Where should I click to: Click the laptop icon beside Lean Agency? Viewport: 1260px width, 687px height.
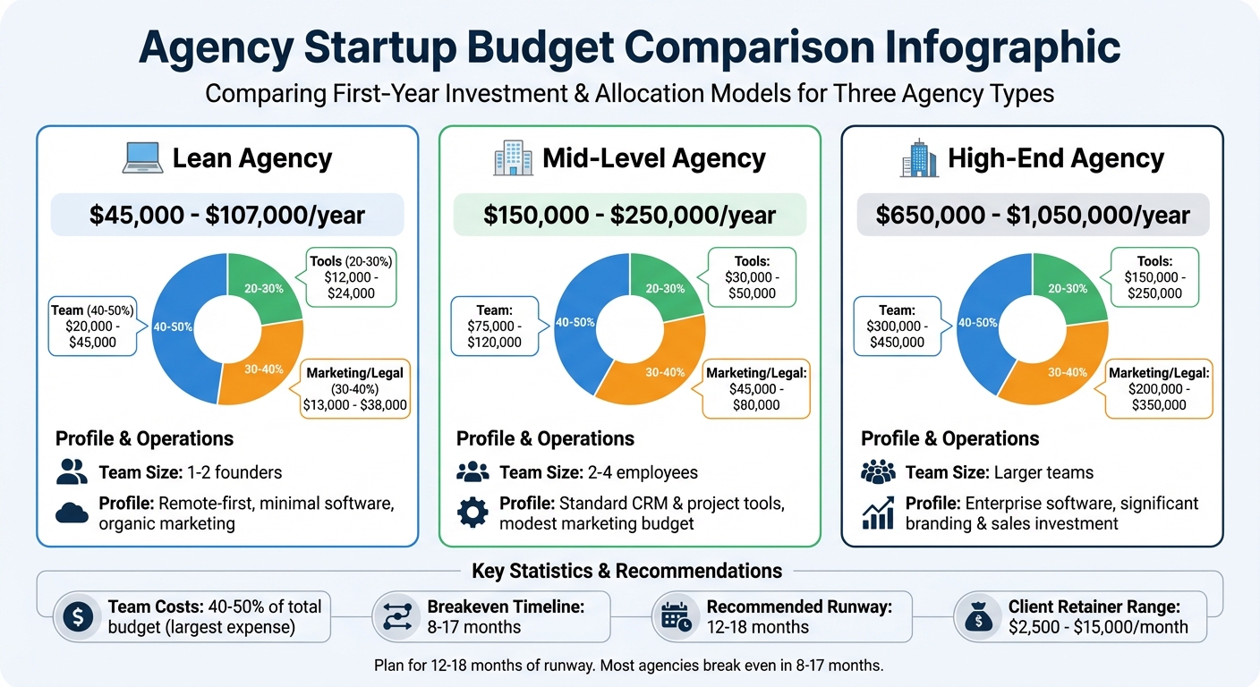(x=142, y=159)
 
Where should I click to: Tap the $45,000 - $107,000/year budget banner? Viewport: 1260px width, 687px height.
(x=227, y=216)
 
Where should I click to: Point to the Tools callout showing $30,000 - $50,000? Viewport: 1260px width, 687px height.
(x=752, y=277)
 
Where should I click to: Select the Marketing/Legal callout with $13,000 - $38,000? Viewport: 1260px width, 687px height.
(x=354, y=388)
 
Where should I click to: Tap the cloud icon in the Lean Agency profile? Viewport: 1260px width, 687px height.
(x=72, y=513)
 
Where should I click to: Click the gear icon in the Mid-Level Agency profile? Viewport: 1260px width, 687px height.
(x=472, y=513)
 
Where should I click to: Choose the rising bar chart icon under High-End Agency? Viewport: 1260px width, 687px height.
(x=878, y=513)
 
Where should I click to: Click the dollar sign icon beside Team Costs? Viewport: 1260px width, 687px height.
(x=78, y=616)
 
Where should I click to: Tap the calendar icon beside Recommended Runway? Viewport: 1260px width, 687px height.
(x=676, y=616)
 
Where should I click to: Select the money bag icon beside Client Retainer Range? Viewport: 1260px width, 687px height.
(x=976, y=616)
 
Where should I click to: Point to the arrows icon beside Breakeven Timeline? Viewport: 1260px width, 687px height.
(x=396, y=616)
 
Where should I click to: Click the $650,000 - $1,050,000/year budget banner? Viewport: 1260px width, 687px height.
(x=1033, y=216)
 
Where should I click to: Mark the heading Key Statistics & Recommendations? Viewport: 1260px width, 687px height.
(x=626, y=571)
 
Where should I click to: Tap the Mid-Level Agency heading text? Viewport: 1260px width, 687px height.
(x=653, y=159)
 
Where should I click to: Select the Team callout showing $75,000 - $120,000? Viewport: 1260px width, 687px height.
(x=494, y=326)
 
